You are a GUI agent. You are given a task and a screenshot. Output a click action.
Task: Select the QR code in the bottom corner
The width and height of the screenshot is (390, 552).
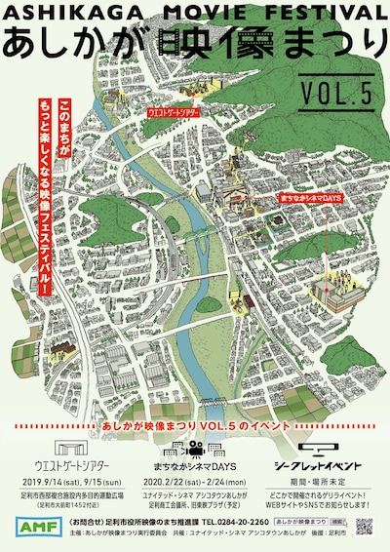click(365, 528)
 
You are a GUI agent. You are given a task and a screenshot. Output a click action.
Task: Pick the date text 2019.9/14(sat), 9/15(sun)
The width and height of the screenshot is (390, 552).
click(65, 482)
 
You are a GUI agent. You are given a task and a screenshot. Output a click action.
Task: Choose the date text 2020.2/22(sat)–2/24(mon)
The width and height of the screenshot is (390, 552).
click(194, 482)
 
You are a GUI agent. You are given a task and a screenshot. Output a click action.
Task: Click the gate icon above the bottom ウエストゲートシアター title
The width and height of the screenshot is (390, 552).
click(66, 448)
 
